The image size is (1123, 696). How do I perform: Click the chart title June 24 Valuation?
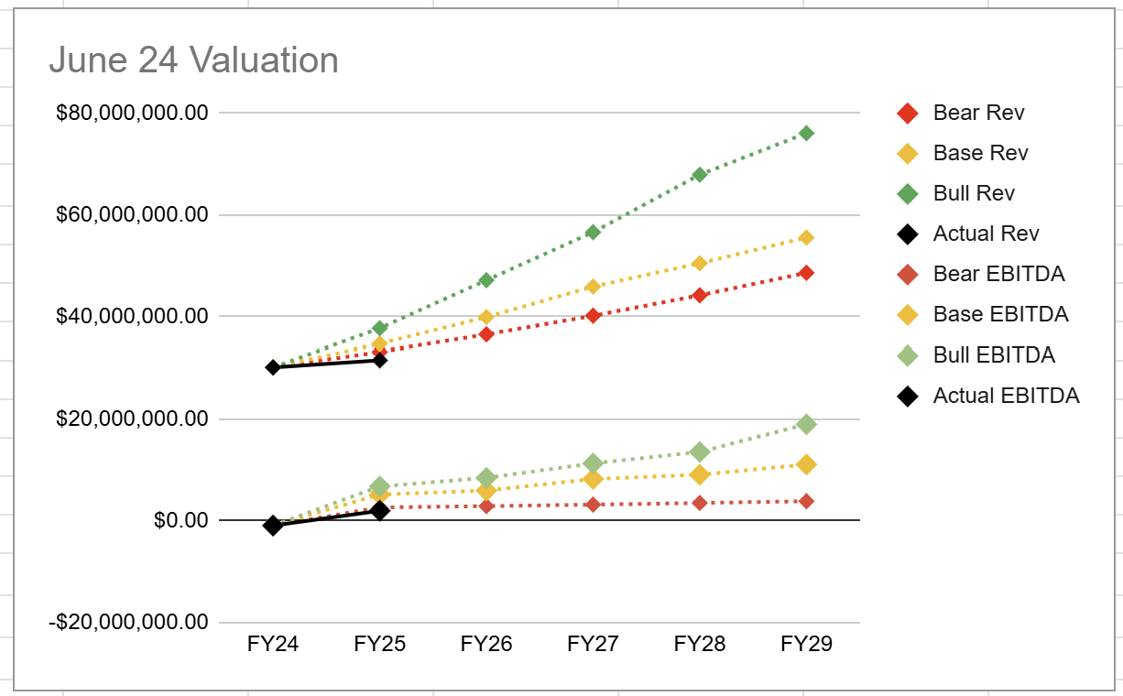(x=193, y=60)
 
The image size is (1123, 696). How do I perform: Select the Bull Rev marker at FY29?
(x=806, y=133)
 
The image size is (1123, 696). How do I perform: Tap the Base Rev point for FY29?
(x=806, y=237)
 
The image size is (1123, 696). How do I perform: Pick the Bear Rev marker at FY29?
(x=806, y=273)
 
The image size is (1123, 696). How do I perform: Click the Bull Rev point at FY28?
(x=700, y=174)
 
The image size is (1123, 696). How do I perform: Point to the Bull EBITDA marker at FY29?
(x=806, y=424)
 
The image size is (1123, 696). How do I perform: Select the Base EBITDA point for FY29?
(x=806, y=464)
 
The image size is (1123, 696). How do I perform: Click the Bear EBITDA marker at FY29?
(x=806, y=501)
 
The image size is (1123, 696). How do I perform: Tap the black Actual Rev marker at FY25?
(x=379, y=360)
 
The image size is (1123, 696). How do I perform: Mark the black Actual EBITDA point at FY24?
(x=272, y=526)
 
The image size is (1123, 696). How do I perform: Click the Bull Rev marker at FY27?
(x=593, y=232)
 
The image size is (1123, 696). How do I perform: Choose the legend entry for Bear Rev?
(x=978, y=113)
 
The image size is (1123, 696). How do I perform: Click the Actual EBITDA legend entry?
(x=1006, y=396)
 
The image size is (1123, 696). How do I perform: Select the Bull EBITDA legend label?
(x=994, y=355)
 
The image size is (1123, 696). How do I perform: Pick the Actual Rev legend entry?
(x=986, y=234)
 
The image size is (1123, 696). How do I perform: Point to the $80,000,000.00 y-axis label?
(x=132, y=113)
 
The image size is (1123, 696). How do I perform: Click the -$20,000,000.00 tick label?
(x=129, y=622)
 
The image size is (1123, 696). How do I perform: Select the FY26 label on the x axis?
(x=486, y=644)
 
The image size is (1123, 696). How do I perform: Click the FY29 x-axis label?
(x=806, y=644)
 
